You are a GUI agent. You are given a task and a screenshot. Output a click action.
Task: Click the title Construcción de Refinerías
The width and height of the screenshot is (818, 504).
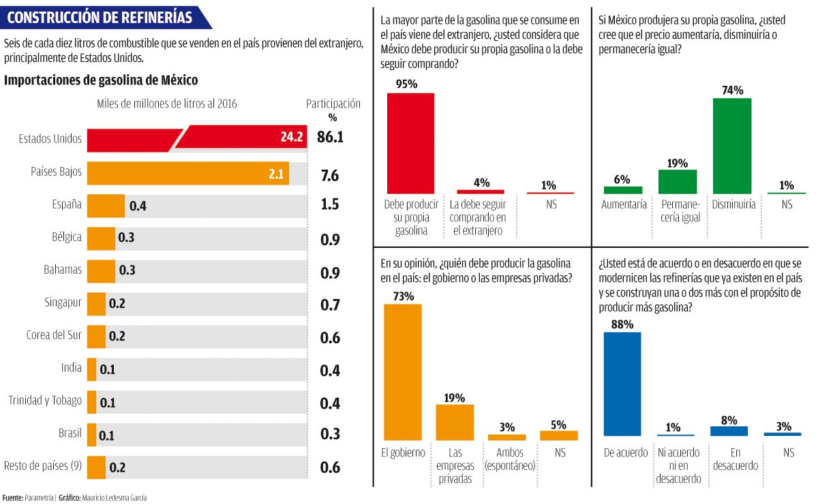point(100,17)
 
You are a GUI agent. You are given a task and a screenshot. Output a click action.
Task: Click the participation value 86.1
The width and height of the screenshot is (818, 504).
point(330,138)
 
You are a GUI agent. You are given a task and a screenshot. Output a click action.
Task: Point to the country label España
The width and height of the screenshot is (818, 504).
point(67,204)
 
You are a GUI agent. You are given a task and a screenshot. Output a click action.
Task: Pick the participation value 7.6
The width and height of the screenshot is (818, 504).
point(330,175)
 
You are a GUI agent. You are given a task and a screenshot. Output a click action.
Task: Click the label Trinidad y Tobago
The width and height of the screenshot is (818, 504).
point(45,400)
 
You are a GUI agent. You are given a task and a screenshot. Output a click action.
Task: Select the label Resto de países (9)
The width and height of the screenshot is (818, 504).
point(43,466)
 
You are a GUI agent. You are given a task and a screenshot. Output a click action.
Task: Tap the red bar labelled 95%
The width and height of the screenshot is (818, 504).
point(410,143)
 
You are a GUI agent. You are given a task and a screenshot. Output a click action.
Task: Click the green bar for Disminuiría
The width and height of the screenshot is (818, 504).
point(732,146)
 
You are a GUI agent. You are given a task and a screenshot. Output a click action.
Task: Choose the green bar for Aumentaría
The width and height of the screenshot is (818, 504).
point(622,190)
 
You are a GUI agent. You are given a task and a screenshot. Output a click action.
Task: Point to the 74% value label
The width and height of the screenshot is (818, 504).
point(733,90)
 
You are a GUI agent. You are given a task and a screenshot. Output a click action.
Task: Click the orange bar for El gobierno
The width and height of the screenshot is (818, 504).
point(403,372)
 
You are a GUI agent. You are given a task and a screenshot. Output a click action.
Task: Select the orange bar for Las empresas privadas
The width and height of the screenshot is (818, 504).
point(455,422)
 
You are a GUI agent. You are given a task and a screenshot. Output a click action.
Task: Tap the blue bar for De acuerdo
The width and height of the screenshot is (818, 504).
point(622,383)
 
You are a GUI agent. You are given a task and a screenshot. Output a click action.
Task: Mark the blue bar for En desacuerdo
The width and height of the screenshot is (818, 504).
point(729,431)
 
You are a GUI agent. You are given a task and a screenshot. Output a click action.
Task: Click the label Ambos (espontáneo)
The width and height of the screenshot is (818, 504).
point(509,459)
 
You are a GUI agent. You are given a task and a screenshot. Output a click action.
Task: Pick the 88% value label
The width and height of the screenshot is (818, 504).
point(622,324)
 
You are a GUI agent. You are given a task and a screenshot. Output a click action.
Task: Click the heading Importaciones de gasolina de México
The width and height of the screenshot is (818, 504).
point(101,80)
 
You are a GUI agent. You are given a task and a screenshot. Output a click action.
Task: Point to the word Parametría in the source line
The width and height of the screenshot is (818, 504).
point(39,498)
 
